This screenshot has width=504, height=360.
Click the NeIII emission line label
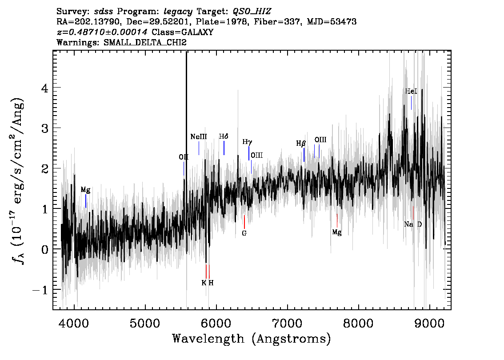point(199,136)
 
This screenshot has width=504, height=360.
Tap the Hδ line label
point(224,136)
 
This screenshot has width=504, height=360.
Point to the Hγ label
point(247,142)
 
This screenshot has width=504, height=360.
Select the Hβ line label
point(301,144)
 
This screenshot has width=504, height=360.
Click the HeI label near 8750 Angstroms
point(411,91)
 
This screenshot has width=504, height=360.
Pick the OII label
point(184,157)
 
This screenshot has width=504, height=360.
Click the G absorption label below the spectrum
point(244,233)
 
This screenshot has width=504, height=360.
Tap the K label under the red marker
point(204,283)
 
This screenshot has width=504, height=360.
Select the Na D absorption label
point(413,224)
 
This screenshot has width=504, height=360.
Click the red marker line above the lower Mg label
point(337,220)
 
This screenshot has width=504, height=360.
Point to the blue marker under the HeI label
point(411,103)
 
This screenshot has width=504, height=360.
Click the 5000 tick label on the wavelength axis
point(145,323)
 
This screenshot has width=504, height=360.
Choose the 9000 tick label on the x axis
point(429,323)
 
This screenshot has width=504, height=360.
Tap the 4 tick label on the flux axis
point(45,88)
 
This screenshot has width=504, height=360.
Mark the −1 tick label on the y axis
point(40,290)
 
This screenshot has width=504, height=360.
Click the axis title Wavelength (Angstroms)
point(252,339)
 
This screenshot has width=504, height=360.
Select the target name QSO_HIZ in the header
point(252,12)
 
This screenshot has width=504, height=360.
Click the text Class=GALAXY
point(183,32)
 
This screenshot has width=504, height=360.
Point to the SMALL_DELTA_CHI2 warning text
point(145,42)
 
